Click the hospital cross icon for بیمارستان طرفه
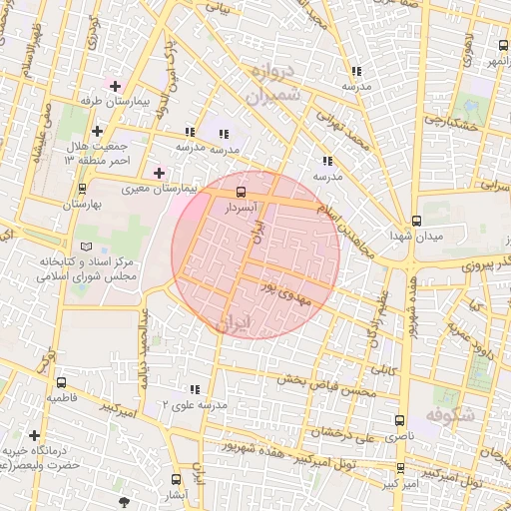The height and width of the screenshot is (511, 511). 115,87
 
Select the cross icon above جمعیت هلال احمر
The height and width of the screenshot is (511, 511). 97,131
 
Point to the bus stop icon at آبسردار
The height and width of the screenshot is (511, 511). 240,190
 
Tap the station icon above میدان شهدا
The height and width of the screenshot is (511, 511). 416,221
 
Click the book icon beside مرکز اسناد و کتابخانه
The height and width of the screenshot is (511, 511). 86,246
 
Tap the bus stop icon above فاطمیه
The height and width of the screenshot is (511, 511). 62,381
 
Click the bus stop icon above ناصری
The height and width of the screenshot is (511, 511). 399,421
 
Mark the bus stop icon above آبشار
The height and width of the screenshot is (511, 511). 177,479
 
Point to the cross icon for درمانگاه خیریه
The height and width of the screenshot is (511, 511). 36,436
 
